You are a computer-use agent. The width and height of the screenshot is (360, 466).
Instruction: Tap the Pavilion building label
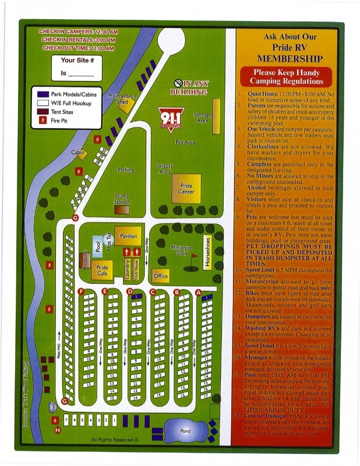(128, 236)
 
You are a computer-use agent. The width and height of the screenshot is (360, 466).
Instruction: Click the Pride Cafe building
(101, 271)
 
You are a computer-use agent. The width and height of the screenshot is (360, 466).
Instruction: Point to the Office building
(160, 275)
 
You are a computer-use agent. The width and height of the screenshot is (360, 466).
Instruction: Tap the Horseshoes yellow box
(207, 251)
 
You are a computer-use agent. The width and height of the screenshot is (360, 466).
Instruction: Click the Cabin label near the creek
(78, 153)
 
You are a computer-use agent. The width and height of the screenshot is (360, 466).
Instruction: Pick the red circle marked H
(57, 430)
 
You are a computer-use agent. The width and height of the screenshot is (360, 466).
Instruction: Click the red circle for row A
(198, 292)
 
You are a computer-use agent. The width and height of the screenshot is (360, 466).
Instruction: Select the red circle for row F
(81, 291)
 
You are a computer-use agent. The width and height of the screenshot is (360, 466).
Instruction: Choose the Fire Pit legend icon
(43, 121)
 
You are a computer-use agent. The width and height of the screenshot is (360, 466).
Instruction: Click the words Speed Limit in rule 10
(260, 270)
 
